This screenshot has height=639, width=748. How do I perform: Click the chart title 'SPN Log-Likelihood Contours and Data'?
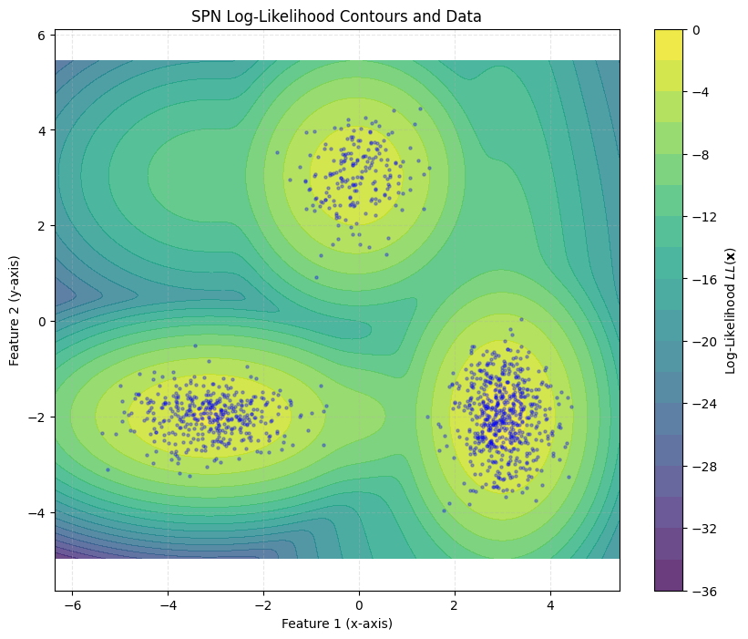[336, 15]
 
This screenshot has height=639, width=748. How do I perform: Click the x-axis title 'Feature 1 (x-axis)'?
[336, 624]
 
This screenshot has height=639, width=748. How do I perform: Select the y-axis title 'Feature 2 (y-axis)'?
[15, 311]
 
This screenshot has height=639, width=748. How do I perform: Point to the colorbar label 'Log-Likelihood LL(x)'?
[731, 311]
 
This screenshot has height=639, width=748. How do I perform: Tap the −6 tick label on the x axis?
[72, 605]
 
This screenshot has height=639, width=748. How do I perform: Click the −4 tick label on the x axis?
[168, 605]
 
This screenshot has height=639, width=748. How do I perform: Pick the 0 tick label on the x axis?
[359, 605]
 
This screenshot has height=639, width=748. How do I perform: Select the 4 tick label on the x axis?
[549, 605]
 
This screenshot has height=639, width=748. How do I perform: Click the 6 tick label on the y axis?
[42, 35]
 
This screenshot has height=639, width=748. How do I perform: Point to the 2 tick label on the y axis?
[42, 226]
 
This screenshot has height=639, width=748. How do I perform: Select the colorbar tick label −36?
[701, 592]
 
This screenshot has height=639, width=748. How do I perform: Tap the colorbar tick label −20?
[701, 342]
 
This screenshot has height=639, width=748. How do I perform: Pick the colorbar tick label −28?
[701, 467]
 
